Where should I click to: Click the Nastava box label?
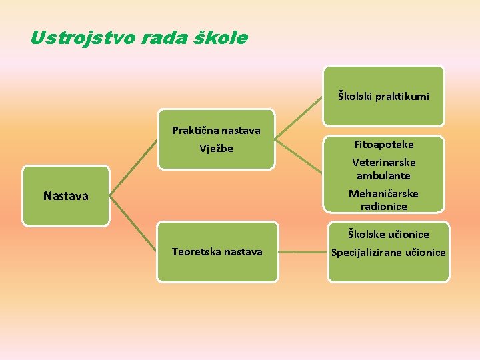(65, 196)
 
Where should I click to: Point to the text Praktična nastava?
(216, 131)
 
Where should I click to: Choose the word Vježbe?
(216, 149)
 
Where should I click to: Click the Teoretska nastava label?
(217, 252)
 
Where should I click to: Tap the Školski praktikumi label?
(383, 97)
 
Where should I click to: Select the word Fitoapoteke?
(383, 145)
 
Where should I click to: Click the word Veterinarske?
(383, 163)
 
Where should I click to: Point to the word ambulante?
(383, 176)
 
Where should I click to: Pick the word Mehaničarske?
(383, 194)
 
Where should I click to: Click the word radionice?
(383, 207)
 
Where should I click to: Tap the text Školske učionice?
(387, 234)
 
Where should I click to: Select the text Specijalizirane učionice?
(389, 253)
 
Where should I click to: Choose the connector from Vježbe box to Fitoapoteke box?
(299, 139)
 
